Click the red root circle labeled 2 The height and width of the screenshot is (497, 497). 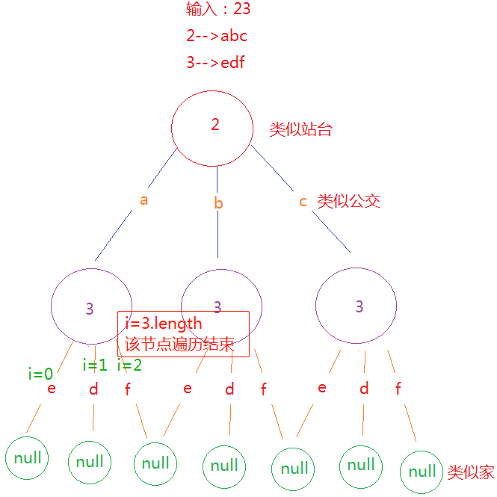[214, 124]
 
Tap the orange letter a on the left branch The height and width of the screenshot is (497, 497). [144, 200]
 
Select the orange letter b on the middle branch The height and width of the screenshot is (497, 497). [218, 203]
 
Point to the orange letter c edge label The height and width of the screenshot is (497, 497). [303, 202]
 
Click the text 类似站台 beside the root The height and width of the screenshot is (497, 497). [300, 129]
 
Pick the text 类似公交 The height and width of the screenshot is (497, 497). [349, 201]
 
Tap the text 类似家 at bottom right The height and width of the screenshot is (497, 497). [471, 472]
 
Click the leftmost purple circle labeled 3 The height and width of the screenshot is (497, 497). [90, 307]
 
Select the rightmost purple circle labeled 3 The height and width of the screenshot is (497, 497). [356, 306]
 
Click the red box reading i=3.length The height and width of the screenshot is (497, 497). [183, 334]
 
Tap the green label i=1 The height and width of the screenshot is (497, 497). [95, 365]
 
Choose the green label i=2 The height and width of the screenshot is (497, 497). [129, 365]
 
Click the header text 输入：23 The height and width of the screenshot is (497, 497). [218, 10]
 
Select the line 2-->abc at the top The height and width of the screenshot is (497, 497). [217, 36]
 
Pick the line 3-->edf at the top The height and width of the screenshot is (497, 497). [216, 62]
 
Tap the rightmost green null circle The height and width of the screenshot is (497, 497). [422, 472]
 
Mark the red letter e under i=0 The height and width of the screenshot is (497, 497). [51, 389]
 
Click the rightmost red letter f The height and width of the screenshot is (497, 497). [398, 389]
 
